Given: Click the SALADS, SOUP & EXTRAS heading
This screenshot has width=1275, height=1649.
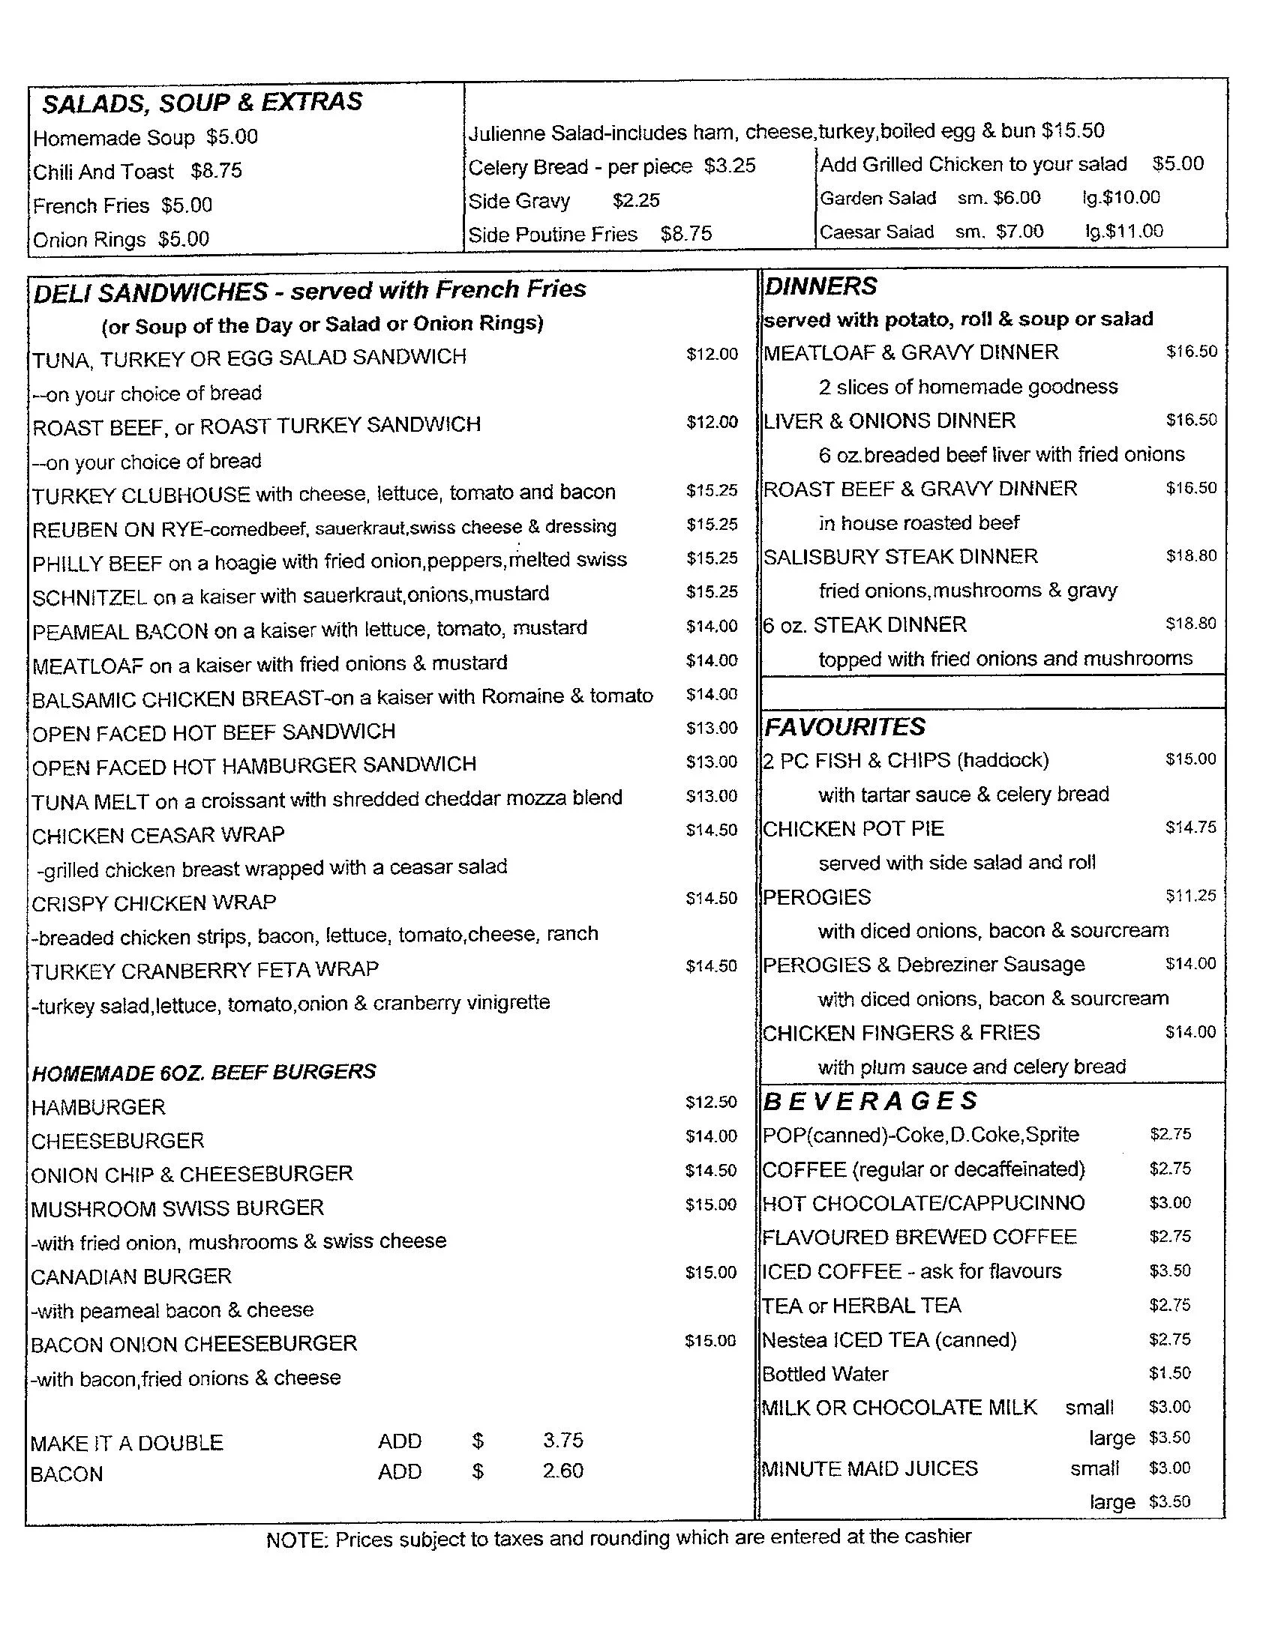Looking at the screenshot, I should point(202,103).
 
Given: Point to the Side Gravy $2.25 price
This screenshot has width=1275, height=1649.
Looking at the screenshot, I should point(636,201).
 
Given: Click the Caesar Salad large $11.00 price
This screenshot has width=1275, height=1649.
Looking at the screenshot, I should point(1124,232).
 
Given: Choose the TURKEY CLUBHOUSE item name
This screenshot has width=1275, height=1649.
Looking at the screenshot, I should point(141,495).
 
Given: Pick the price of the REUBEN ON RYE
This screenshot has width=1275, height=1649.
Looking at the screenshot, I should point(712,525).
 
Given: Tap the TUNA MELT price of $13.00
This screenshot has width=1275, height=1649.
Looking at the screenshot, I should point(712,796).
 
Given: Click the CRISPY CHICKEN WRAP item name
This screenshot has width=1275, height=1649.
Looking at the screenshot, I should point(154,903).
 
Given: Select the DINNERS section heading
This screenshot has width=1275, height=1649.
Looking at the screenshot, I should point(820,287).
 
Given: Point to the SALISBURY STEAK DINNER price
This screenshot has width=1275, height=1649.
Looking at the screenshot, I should point(1191,556).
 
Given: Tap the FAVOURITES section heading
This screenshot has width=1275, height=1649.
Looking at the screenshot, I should point(844,727).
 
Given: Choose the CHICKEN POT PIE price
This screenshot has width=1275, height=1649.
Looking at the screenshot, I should point(1190,827).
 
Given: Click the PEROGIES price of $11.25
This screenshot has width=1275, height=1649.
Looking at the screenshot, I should point(1190,896).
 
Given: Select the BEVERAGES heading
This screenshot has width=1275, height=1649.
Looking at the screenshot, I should point(870,1102).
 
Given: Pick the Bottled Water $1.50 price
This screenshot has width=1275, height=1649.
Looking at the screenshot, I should point(1170,1373).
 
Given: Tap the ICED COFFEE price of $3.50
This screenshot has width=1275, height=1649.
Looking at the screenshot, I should point(1170,1270).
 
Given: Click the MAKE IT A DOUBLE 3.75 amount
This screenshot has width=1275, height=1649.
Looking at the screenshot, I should point(562,1441).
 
